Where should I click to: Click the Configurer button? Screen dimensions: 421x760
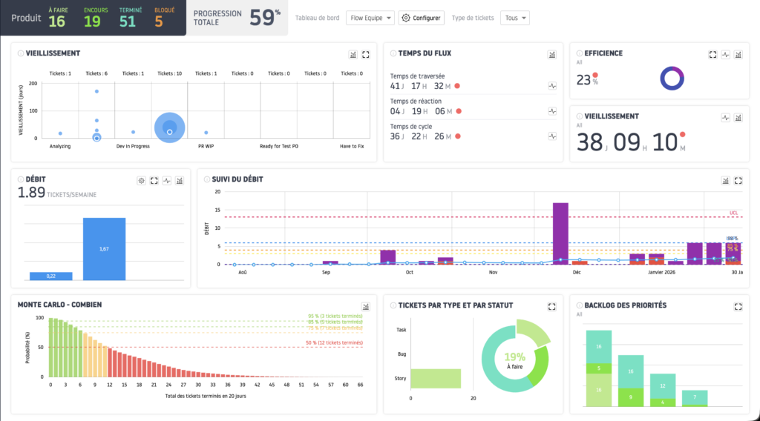[x=421, y=18]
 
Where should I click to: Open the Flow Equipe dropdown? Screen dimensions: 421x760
[x=370, y=18]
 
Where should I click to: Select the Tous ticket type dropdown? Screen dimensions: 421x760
[x=514, y=18]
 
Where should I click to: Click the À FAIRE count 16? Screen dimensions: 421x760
[x=57, y=21]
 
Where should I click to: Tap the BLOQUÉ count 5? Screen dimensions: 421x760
[x=159, y=21]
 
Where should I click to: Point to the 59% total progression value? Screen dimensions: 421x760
[x=265, y=19]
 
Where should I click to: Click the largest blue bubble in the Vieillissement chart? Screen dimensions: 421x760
[x=170, y=128]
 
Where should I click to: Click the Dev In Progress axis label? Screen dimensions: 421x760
[x=133, y=146]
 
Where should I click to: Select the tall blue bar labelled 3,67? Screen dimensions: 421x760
[x=104, y=249]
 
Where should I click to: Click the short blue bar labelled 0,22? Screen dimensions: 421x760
[x=51, y=276]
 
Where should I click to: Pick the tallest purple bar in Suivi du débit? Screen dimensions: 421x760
[x=560, y=233]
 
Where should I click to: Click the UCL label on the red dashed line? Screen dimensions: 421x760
[x=733, y=213]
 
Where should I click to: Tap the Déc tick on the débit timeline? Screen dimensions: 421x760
[x=577, y=272]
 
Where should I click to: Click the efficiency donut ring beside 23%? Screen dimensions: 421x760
[x=672, y=79]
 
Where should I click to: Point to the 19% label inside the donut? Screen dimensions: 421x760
[x=514, y=357]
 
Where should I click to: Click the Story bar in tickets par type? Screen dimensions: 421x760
[x=435, y=379]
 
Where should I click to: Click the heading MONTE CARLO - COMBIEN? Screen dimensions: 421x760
[x=59, y=305]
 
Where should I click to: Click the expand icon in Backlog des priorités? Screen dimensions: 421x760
[x=738, y=306]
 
